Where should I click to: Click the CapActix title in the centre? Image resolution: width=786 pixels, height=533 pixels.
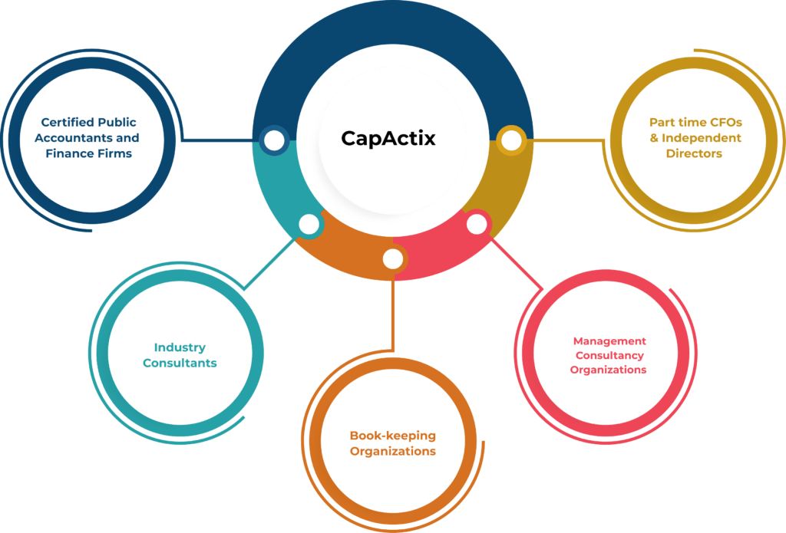388,138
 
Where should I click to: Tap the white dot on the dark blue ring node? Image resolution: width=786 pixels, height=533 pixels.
274,140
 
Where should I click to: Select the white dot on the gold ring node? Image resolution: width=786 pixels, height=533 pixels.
511,140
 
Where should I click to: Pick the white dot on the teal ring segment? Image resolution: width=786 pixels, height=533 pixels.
309,224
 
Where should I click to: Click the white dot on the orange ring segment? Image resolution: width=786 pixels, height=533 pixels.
393,259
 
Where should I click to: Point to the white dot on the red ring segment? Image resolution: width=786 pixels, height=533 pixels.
477,224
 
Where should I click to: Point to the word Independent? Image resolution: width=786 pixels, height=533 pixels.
702,138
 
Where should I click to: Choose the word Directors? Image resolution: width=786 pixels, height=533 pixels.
694,153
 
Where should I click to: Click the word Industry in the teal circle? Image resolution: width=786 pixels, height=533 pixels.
180,347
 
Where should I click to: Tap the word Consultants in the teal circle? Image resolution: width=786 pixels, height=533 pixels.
180,363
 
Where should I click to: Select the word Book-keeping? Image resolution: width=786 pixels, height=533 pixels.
392,436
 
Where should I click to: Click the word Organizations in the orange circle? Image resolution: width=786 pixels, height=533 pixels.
392,452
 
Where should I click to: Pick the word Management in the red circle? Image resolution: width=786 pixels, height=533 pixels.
609,341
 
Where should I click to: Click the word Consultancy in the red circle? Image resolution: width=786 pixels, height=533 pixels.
609,355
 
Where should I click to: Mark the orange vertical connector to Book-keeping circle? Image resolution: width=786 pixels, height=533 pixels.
393,315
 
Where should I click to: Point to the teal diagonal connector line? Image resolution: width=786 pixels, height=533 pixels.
269,263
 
